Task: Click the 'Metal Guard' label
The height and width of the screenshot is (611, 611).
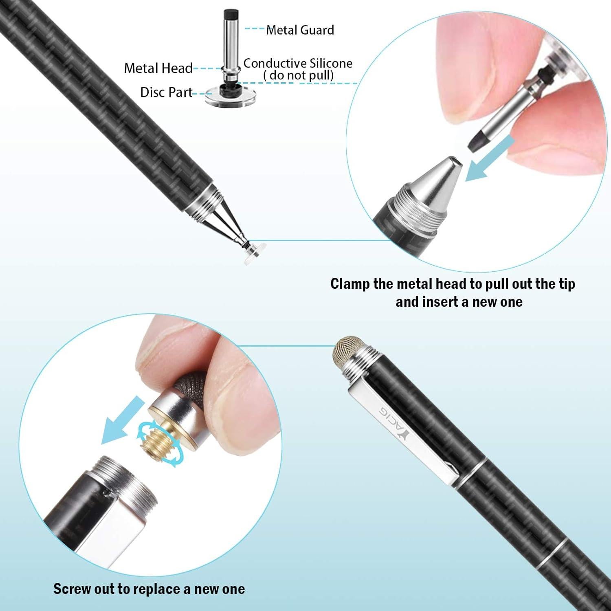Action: tap(300, 30)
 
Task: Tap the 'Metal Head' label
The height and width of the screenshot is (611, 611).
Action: tap(158, 68)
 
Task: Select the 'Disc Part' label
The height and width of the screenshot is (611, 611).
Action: tap(166, 92)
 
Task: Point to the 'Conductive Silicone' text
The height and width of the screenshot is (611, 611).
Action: tap(298, 63)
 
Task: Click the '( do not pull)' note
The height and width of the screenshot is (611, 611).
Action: tap(298, 75)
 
